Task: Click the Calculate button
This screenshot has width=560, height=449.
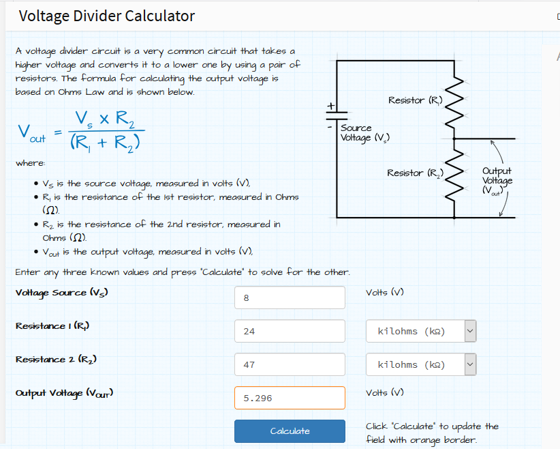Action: (290, 431)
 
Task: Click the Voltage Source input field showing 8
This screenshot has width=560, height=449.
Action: (290, 298)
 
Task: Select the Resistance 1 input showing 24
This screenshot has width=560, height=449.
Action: (290, 331)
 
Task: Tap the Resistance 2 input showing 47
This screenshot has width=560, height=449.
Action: (290, 364)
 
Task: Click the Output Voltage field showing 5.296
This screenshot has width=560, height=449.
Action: (290, 398)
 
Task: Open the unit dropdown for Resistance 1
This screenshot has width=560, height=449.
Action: (420, 331)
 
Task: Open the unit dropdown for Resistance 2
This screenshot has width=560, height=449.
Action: (420, 364)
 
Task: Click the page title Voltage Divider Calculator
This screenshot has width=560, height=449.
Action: (107, 16)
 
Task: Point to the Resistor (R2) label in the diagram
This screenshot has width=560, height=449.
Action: (415, 173)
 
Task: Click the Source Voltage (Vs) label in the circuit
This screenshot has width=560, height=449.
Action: (364, 132)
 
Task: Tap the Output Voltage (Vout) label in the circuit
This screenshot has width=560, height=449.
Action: (497, 181)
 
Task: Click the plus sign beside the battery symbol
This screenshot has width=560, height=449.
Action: (330, 106)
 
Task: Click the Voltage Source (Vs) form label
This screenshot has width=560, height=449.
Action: (61, 293)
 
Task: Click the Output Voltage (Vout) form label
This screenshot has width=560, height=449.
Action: (64, 393)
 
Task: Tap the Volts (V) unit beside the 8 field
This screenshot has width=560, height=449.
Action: (385, 293)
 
